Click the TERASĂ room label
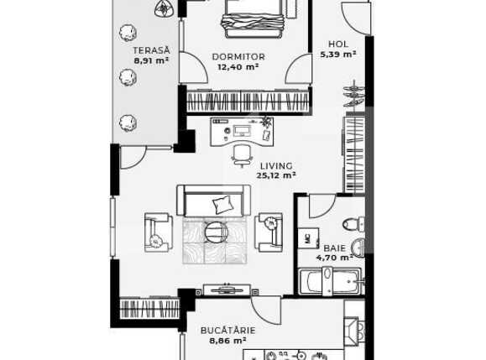[x=151, y=50]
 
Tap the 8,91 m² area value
[x=151, y=60]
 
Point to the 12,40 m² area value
[x=238, y=67]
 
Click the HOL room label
[x=337, y=44]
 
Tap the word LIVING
[x=276, y=165]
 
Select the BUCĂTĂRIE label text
[x=227, y=330]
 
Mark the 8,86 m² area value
[x=227, y=341]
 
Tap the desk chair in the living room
[x=242, y=154]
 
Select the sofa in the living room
[x=214, y=201]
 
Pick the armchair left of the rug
[x=158, y=232]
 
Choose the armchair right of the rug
[x=270, y=231]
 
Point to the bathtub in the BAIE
[x=330, y=281]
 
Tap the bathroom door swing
[x=321, y=206]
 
